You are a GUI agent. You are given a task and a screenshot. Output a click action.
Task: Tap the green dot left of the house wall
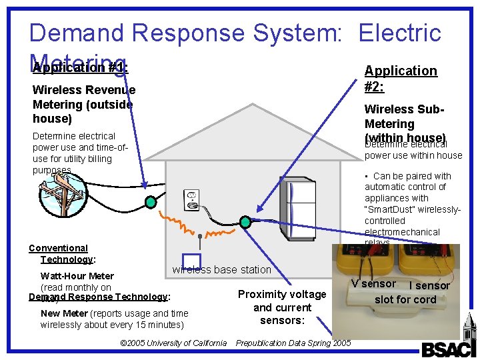point(151,201)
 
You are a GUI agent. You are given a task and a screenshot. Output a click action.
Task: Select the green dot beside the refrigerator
point(245,222)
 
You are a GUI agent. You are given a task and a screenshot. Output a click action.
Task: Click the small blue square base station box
point(191,261)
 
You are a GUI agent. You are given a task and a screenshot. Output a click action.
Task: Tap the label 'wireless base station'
point(221,270)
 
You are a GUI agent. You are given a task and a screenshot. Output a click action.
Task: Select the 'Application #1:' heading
point(80,67)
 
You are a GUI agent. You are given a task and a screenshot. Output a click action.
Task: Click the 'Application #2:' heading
point(401,79)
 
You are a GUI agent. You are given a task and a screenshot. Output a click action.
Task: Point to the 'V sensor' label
point(373,283)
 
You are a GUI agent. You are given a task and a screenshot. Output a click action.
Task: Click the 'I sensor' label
point(429,285)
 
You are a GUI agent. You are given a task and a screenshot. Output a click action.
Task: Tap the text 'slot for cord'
point(405,299)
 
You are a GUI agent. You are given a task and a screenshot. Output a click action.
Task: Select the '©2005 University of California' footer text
point(173,343)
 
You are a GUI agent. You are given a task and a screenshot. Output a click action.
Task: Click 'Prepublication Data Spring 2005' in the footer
point(293,343)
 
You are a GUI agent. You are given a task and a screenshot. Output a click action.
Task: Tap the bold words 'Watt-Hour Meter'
point(77,276)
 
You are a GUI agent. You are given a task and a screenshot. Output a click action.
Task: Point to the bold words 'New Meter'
point(64,313)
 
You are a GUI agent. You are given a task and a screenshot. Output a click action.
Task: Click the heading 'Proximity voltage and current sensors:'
point(282,307)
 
